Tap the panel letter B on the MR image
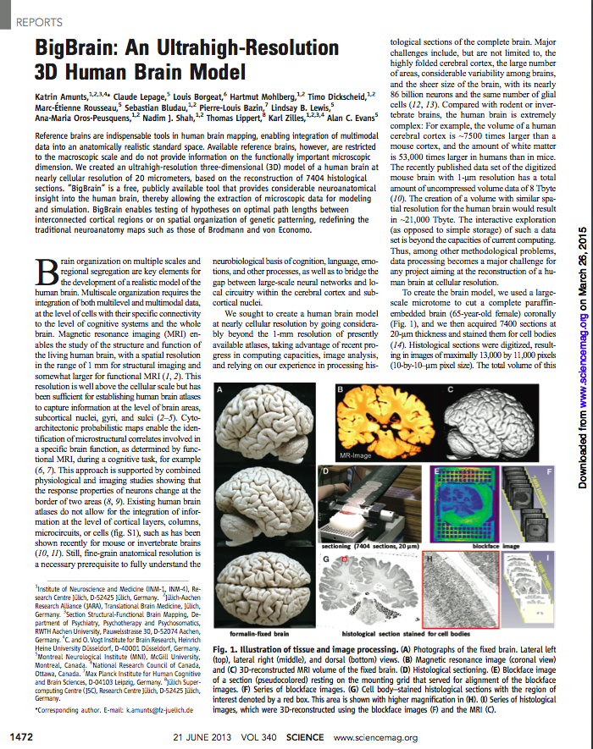341,389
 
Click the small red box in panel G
344,560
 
